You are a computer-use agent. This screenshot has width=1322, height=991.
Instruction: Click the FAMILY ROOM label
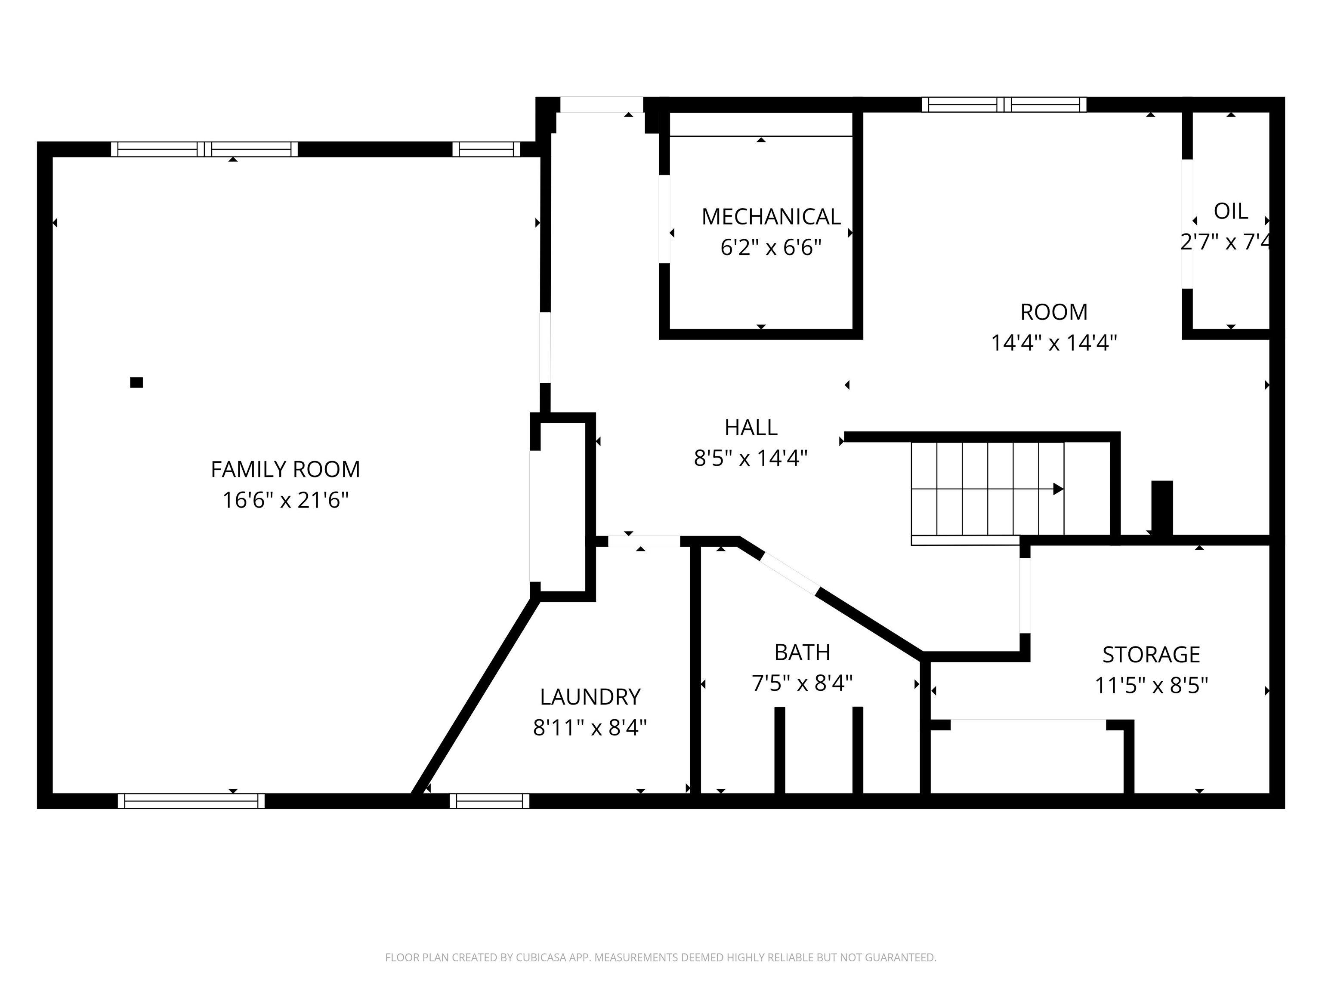(x=285, y=470)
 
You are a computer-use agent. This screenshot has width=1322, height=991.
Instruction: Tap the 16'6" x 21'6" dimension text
(x=285, y=500)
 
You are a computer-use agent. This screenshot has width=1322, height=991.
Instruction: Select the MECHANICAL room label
(x=771, y=217)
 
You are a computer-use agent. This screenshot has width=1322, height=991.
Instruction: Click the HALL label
(x=751, y=428)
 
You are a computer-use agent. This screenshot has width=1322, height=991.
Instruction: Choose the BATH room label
(x=802, y=652)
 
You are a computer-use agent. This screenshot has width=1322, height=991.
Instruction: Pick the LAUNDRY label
(x=590, y=697)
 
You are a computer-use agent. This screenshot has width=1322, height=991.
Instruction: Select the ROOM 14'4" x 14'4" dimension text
(x=1053, y=343)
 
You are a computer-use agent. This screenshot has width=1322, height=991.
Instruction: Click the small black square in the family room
(x=136, y=383)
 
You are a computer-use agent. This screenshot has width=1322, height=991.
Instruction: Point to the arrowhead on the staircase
(x=1058, y=489)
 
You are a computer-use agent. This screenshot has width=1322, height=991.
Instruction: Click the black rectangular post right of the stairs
(x=1162, y=507)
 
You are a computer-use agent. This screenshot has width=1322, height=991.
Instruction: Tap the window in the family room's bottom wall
(x=191, y=801)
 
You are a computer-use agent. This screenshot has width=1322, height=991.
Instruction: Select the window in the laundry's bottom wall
(x=489, y=801)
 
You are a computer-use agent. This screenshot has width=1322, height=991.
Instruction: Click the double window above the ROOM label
(x=1004, y=105)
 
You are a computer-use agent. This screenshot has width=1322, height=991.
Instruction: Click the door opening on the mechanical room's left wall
(x=664, y=219)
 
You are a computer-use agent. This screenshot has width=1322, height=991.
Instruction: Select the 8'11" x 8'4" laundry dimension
(x=590, y=728)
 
